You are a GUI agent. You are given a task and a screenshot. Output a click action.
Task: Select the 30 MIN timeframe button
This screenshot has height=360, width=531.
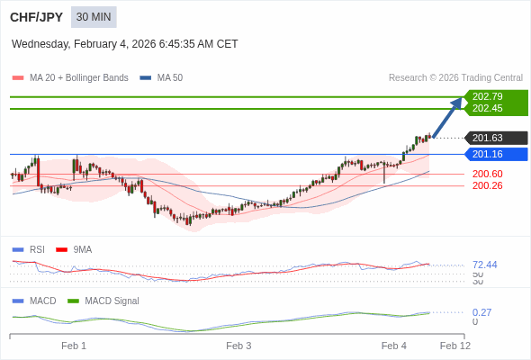[94, 17]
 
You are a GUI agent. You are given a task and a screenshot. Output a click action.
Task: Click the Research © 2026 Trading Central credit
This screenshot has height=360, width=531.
[455, 78]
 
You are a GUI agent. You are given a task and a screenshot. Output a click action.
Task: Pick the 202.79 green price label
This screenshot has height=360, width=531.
[488, 96]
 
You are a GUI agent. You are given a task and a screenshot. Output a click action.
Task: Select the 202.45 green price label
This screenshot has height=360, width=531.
[488, 109]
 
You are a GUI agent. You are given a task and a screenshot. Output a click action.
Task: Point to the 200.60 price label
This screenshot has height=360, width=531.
[488, 174]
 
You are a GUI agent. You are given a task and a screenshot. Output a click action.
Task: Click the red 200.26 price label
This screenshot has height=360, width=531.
[488, 185]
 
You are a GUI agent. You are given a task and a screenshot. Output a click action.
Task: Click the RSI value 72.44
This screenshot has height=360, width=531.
[485, 265]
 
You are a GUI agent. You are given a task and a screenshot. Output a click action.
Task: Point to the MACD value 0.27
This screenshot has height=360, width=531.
[481, 312]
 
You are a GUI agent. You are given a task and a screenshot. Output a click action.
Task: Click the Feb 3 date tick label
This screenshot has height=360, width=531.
[238, 346]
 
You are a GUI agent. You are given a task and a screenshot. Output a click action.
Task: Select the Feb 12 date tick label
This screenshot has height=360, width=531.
[454, 346]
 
